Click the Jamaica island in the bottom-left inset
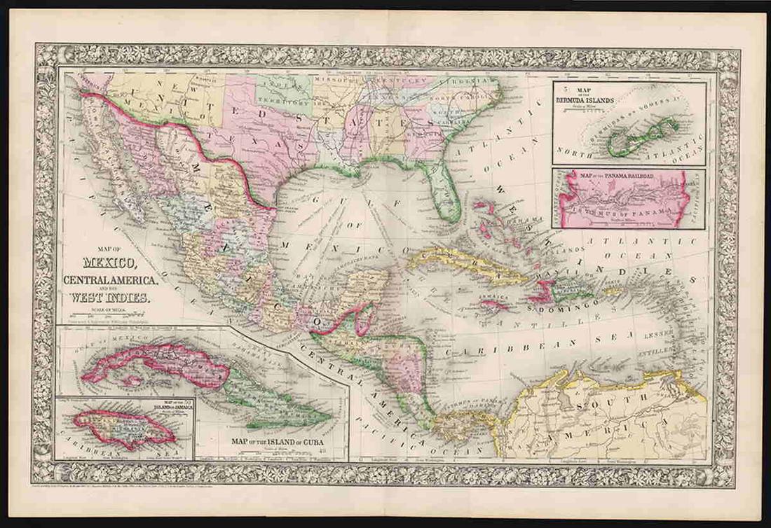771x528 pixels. pos(123,427)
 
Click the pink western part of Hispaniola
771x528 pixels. pos(543,288)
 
